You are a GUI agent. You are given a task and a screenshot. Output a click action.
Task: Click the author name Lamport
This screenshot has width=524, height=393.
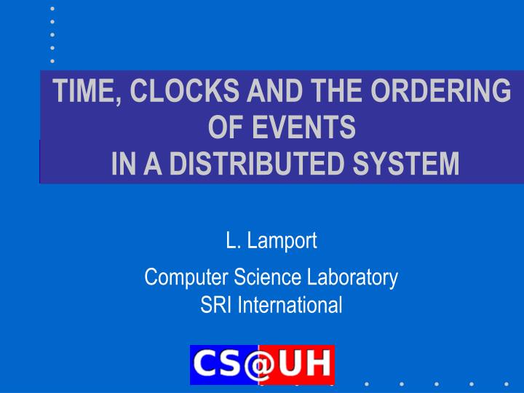click(x=281, y=242)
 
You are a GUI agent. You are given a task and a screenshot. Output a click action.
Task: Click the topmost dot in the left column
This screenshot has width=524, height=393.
click(x=52, y=8)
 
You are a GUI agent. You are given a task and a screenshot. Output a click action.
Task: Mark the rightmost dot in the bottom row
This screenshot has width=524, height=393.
click(x=506, y=384)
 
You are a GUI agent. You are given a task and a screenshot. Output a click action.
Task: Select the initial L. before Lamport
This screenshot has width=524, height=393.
click(x=231, y=242)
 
